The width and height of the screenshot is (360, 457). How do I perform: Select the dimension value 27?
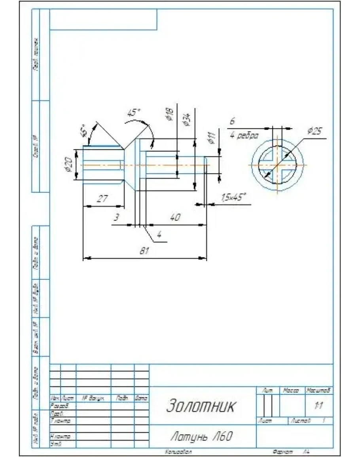(102, 199)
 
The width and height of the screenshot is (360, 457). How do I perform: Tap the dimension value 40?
(174, 217)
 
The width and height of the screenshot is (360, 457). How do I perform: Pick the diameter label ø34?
(186, 119)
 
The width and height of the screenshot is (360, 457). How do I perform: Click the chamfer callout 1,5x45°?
(233, 197)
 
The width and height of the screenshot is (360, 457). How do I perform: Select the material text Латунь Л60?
(201, 436)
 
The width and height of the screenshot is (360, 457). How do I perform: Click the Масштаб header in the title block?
(318, 391)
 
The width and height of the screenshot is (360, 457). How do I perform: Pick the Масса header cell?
(292, 391)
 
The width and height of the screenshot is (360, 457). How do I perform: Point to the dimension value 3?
(116, 218)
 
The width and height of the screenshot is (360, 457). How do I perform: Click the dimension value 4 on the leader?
(159, 235)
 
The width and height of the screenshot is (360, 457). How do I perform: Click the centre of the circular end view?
(277, 165)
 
